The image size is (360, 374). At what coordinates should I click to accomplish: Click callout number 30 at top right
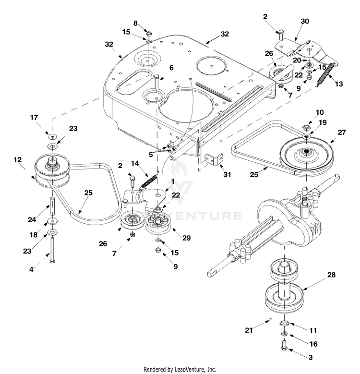[305, 21]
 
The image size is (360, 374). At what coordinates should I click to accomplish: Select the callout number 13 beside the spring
[338, 84]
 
